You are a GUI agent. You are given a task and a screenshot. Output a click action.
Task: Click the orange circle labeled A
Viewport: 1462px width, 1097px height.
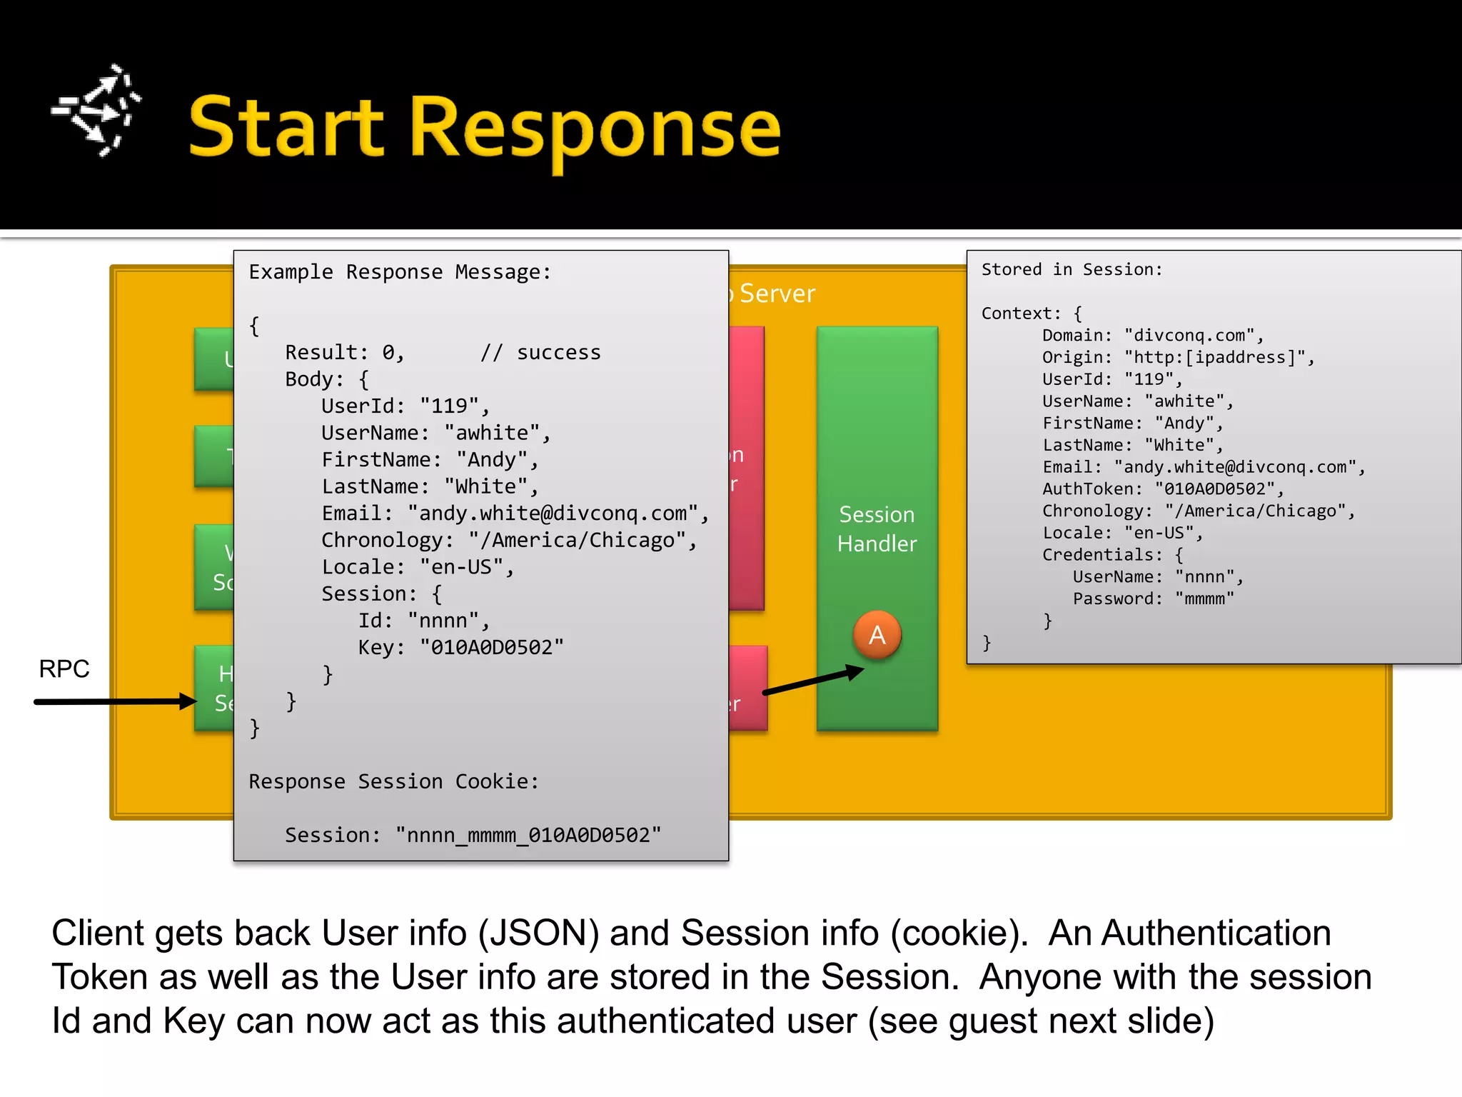(x=877, y=634)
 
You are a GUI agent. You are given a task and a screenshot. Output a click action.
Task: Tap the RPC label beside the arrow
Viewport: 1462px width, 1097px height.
(x=64, y=669)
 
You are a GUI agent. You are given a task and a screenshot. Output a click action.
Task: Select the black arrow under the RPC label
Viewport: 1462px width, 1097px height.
(x=114, y=701)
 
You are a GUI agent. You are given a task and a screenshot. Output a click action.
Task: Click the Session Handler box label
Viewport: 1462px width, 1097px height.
(x=877, y=529)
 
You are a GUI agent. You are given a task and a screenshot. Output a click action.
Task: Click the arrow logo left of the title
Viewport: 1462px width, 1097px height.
(x=96, y=110)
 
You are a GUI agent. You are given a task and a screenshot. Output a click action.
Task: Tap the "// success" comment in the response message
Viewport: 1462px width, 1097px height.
(x=540, y=353)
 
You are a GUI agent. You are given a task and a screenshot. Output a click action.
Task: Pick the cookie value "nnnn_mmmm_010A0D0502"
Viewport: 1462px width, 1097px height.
(x=528, y=835)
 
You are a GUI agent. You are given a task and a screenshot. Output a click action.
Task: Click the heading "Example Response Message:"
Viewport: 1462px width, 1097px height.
(x=400, y=272)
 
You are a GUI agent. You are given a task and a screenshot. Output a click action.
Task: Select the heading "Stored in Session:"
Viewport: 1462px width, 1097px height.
(x=1072, y=269)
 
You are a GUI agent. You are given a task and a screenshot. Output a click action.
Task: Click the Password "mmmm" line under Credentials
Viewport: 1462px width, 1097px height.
(x=1153, y=598)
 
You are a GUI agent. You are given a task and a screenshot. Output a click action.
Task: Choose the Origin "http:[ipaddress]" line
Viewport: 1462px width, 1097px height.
(x=1178, y=357)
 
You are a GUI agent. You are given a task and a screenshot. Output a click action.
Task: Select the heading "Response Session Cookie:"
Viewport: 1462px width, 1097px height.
(x=393, y=781)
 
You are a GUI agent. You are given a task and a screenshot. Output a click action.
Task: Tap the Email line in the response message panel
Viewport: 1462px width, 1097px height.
(x=514, y=514)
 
